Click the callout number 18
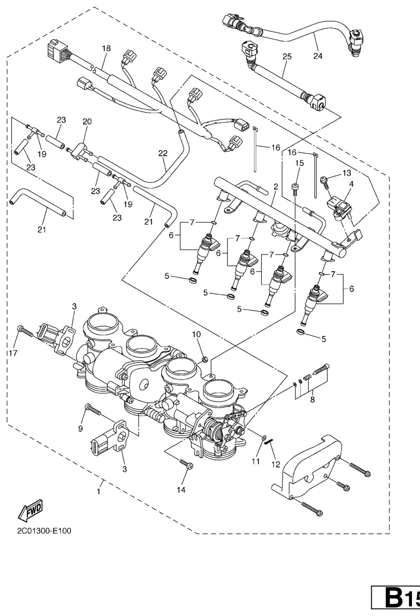coord(106,48)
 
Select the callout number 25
coord(286,56)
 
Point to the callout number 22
coord(163,153)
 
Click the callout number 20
coord(88,122)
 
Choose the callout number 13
coord(347,172)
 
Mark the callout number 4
coord(351,184)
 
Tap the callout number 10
coord(196,334)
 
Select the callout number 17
coord(9,353)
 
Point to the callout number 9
coord(81,429)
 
